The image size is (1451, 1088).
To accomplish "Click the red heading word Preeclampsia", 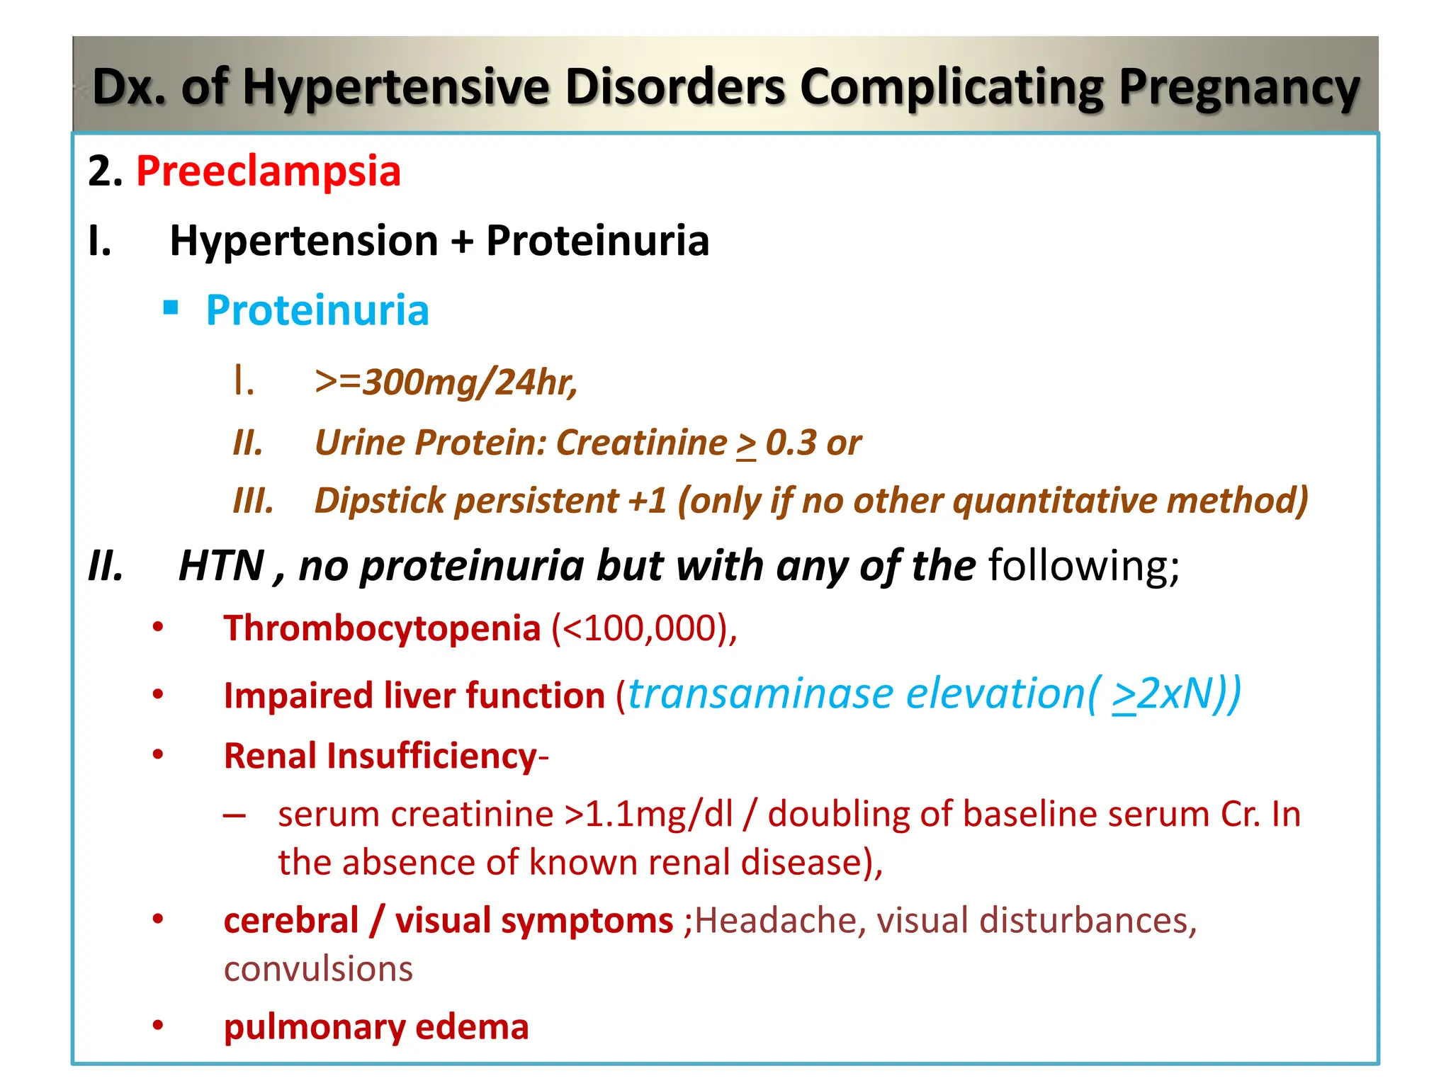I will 269,171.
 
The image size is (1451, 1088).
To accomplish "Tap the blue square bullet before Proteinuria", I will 171,307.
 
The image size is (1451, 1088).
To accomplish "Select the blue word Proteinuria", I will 317,310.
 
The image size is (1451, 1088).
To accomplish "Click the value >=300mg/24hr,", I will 446,382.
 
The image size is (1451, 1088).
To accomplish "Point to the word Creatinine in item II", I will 641,443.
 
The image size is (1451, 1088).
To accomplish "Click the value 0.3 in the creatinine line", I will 791,443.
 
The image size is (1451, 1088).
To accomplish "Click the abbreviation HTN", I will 221,566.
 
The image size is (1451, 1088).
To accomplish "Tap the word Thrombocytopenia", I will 382,628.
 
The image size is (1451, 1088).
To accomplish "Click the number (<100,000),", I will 644,628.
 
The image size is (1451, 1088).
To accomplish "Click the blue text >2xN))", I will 1176,693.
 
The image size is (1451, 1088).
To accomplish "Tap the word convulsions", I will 318,968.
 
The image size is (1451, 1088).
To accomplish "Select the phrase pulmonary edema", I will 376,1027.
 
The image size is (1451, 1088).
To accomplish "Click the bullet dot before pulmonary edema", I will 158,1025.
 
